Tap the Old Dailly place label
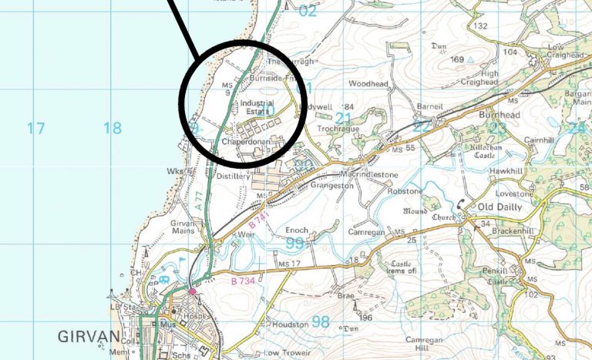click(x=501, y=208)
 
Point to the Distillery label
click(x=234, y=177)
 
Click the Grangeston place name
click(x=331, y=186)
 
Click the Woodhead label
click(x=368, y=82)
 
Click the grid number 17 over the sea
click(x=36, y=128)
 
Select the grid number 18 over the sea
click(x=113, y=128)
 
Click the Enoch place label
click(x=297, y=230)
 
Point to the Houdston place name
click(x=291, y=325)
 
